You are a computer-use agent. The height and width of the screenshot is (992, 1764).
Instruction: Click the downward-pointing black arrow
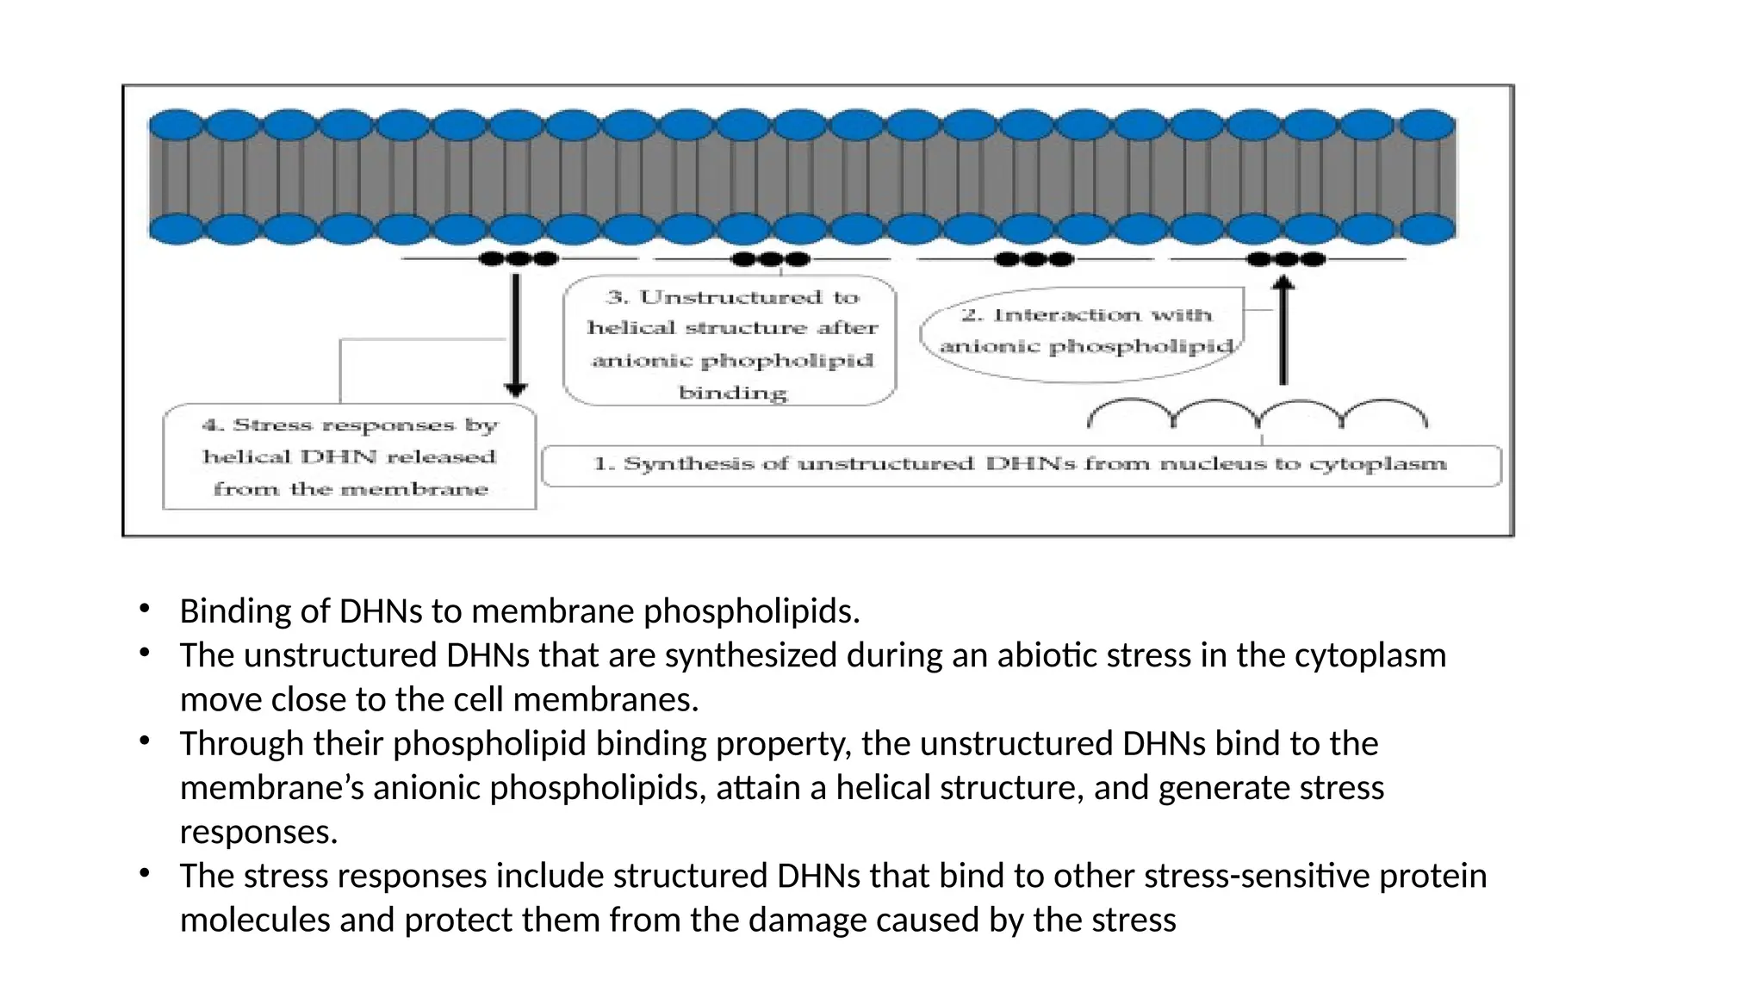pos(516,336)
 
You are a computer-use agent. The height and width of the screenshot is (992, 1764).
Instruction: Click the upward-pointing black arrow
pos(1283,332)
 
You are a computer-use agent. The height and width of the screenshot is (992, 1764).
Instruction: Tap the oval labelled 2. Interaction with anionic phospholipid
pos(1084,333)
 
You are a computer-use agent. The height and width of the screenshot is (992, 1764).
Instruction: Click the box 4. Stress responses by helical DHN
pos(350,457)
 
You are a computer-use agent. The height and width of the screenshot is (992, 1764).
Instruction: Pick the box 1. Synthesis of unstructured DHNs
pos(1021,465)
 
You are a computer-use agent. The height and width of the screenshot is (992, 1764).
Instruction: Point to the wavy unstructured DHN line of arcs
pos(1257,414)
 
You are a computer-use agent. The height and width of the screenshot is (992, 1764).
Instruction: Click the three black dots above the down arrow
pos(518,258)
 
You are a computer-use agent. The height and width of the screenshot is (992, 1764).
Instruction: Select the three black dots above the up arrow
pos(1285,258)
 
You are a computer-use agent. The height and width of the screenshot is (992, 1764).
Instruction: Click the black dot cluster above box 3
pos(770,258)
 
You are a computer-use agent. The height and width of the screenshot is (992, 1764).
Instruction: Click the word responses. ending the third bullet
pos(258,832)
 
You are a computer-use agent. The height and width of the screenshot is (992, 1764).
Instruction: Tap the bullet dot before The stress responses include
pos(145,874)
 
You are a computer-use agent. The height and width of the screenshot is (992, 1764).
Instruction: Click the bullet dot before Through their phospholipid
pos(145,741)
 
